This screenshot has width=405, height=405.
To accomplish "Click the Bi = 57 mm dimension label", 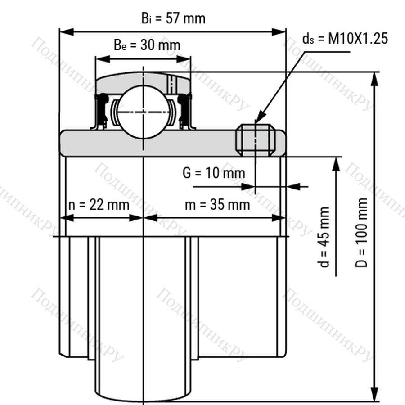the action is point(173,18).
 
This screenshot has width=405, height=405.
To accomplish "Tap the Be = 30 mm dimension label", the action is point(147,45).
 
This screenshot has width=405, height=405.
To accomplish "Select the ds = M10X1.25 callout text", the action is point(345,39).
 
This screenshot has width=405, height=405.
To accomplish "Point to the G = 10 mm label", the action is point(214,173).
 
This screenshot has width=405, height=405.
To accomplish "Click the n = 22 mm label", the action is point(99,205).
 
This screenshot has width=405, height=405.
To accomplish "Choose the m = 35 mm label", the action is point(217,205).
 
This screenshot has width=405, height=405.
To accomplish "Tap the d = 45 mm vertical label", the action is point(324,237).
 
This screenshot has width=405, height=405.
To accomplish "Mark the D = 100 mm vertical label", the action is point(361,233).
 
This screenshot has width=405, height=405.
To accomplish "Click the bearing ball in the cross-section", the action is point(144,112).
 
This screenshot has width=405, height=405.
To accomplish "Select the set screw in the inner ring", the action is point(256,140).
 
